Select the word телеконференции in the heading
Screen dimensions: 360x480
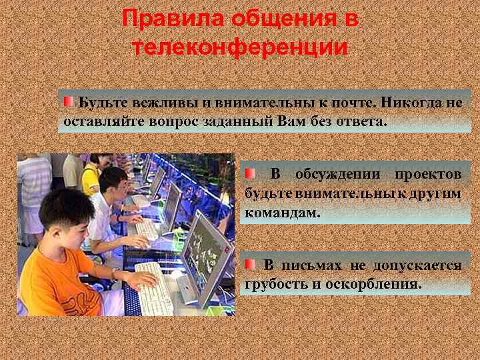point(240,47)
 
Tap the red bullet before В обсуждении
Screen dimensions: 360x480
point(249,173)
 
